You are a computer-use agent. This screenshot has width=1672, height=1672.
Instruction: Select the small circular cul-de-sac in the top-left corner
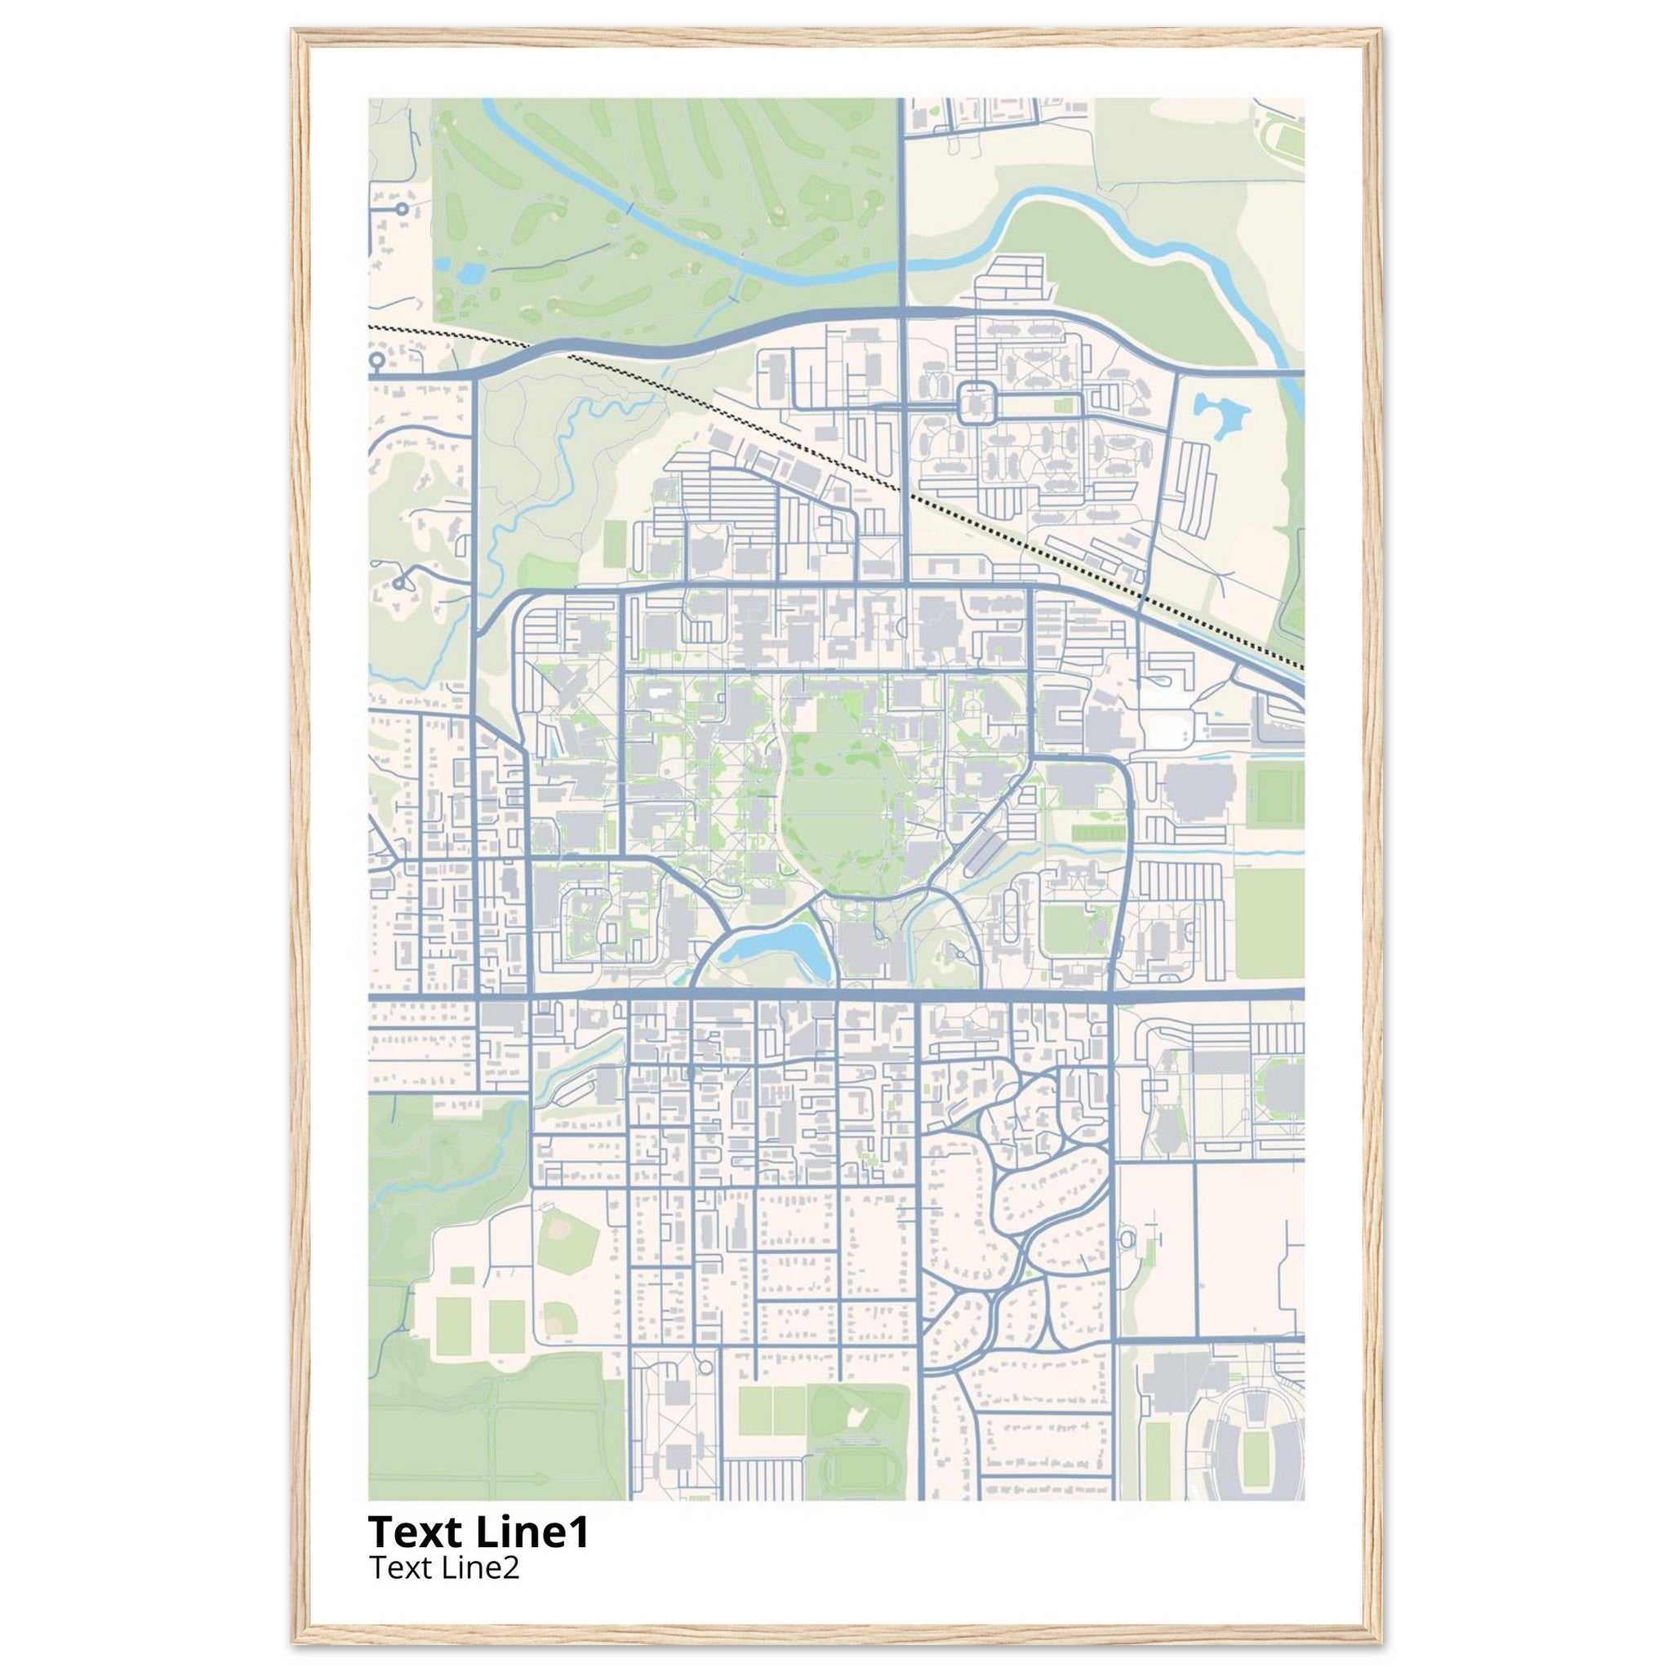pyautogui.click(x=401, y=208)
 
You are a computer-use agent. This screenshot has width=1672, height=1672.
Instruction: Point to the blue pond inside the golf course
pyautogui.click(x=471, y=274)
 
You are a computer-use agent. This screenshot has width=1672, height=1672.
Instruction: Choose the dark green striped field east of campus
pyautogui.click(x=1100, y=832)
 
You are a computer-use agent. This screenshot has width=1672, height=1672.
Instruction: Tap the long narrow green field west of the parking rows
pyautogui.click(x=614, y=544)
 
